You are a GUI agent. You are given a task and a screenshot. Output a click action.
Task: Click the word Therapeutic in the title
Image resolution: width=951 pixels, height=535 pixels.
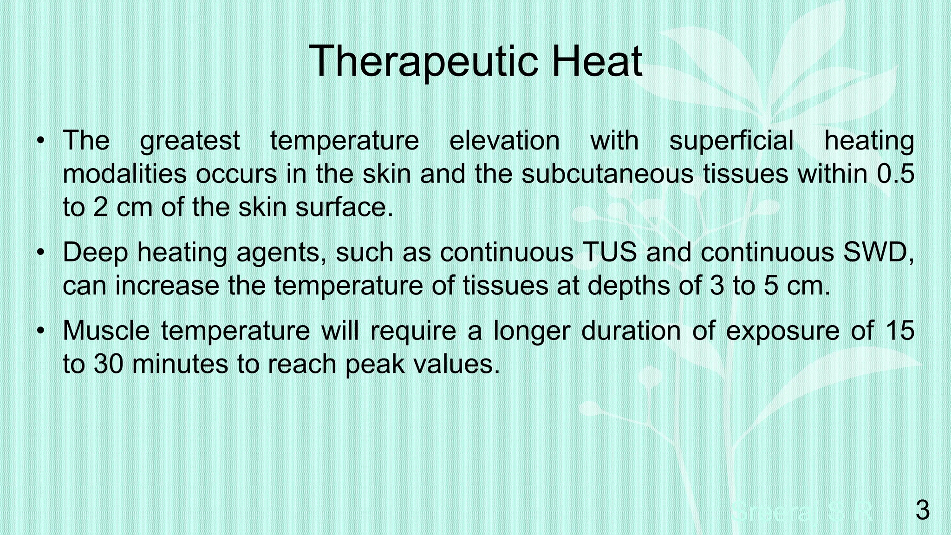[x=423, y=61]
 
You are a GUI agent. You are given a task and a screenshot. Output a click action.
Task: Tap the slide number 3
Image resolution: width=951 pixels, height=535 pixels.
[x=922, y=510]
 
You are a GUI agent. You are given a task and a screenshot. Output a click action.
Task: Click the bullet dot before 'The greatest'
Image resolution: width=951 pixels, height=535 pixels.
[x=41, y=140]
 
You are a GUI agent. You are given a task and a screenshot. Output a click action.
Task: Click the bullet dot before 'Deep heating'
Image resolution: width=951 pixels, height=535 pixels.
[x=41, y=252]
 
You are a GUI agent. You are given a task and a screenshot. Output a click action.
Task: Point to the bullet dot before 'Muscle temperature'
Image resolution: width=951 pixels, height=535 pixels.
[x=41, y=331]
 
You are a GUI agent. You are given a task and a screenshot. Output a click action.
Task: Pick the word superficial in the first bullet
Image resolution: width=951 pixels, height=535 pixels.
[x=731, y=140]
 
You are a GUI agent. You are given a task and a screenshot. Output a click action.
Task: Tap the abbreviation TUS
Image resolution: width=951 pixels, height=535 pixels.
[x=609, y=252]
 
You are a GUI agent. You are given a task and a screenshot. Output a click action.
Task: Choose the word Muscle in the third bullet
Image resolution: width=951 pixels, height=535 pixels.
[x=106, y=331]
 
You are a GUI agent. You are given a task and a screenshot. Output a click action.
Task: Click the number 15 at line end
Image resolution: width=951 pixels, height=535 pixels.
[x=900, y=331]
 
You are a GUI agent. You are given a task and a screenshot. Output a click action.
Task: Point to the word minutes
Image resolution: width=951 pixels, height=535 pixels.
[x=180, y=364]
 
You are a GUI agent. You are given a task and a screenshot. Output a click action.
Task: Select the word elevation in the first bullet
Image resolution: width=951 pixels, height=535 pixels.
[x=504, y=140]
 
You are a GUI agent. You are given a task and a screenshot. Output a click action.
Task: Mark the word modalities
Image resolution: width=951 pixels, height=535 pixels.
[x=124, y=174]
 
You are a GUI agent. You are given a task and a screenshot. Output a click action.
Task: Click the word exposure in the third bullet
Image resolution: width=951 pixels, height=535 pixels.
[x=782, y=331]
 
